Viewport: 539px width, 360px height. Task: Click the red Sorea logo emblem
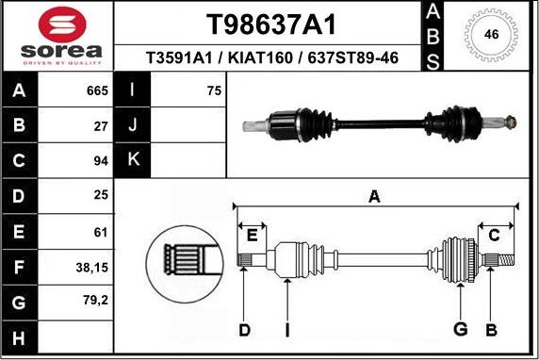(x=62, y=25)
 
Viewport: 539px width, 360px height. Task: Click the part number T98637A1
(x=270, y=25)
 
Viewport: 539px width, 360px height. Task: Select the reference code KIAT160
(x=260, y=57)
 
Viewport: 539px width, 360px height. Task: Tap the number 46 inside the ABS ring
(x=491, y=34)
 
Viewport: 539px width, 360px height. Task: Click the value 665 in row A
(x=97, y=90)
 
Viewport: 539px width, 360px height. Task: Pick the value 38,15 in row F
(x=92, y=268)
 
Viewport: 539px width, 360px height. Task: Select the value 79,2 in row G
(x=95, y=301)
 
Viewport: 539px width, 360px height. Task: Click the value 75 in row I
(x=214, y=90)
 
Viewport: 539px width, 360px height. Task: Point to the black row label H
(x=19, y=337)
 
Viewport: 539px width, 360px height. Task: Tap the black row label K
(x=132, y=160)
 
